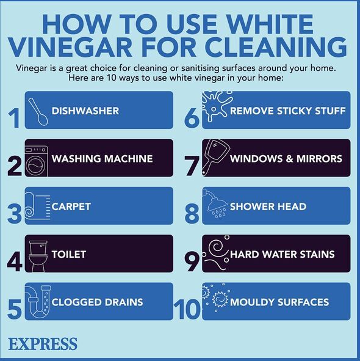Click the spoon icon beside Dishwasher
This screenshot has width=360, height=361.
38,112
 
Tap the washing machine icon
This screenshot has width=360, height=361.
37,161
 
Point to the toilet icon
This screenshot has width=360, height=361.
38,257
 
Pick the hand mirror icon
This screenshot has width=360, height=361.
215,157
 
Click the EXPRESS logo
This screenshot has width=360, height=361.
43,344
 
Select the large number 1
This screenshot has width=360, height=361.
14,118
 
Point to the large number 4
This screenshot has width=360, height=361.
15,262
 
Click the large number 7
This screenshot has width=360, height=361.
192,166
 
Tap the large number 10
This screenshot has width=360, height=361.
187,310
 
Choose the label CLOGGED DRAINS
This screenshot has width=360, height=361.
97,302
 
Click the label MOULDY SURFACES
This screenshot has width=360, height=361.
279,302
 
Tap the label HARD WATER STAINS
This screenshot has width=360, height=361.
283,254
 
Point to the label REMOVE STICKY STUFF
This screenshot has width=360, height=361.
288,111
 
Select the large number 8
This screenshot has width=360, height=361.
192,214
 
